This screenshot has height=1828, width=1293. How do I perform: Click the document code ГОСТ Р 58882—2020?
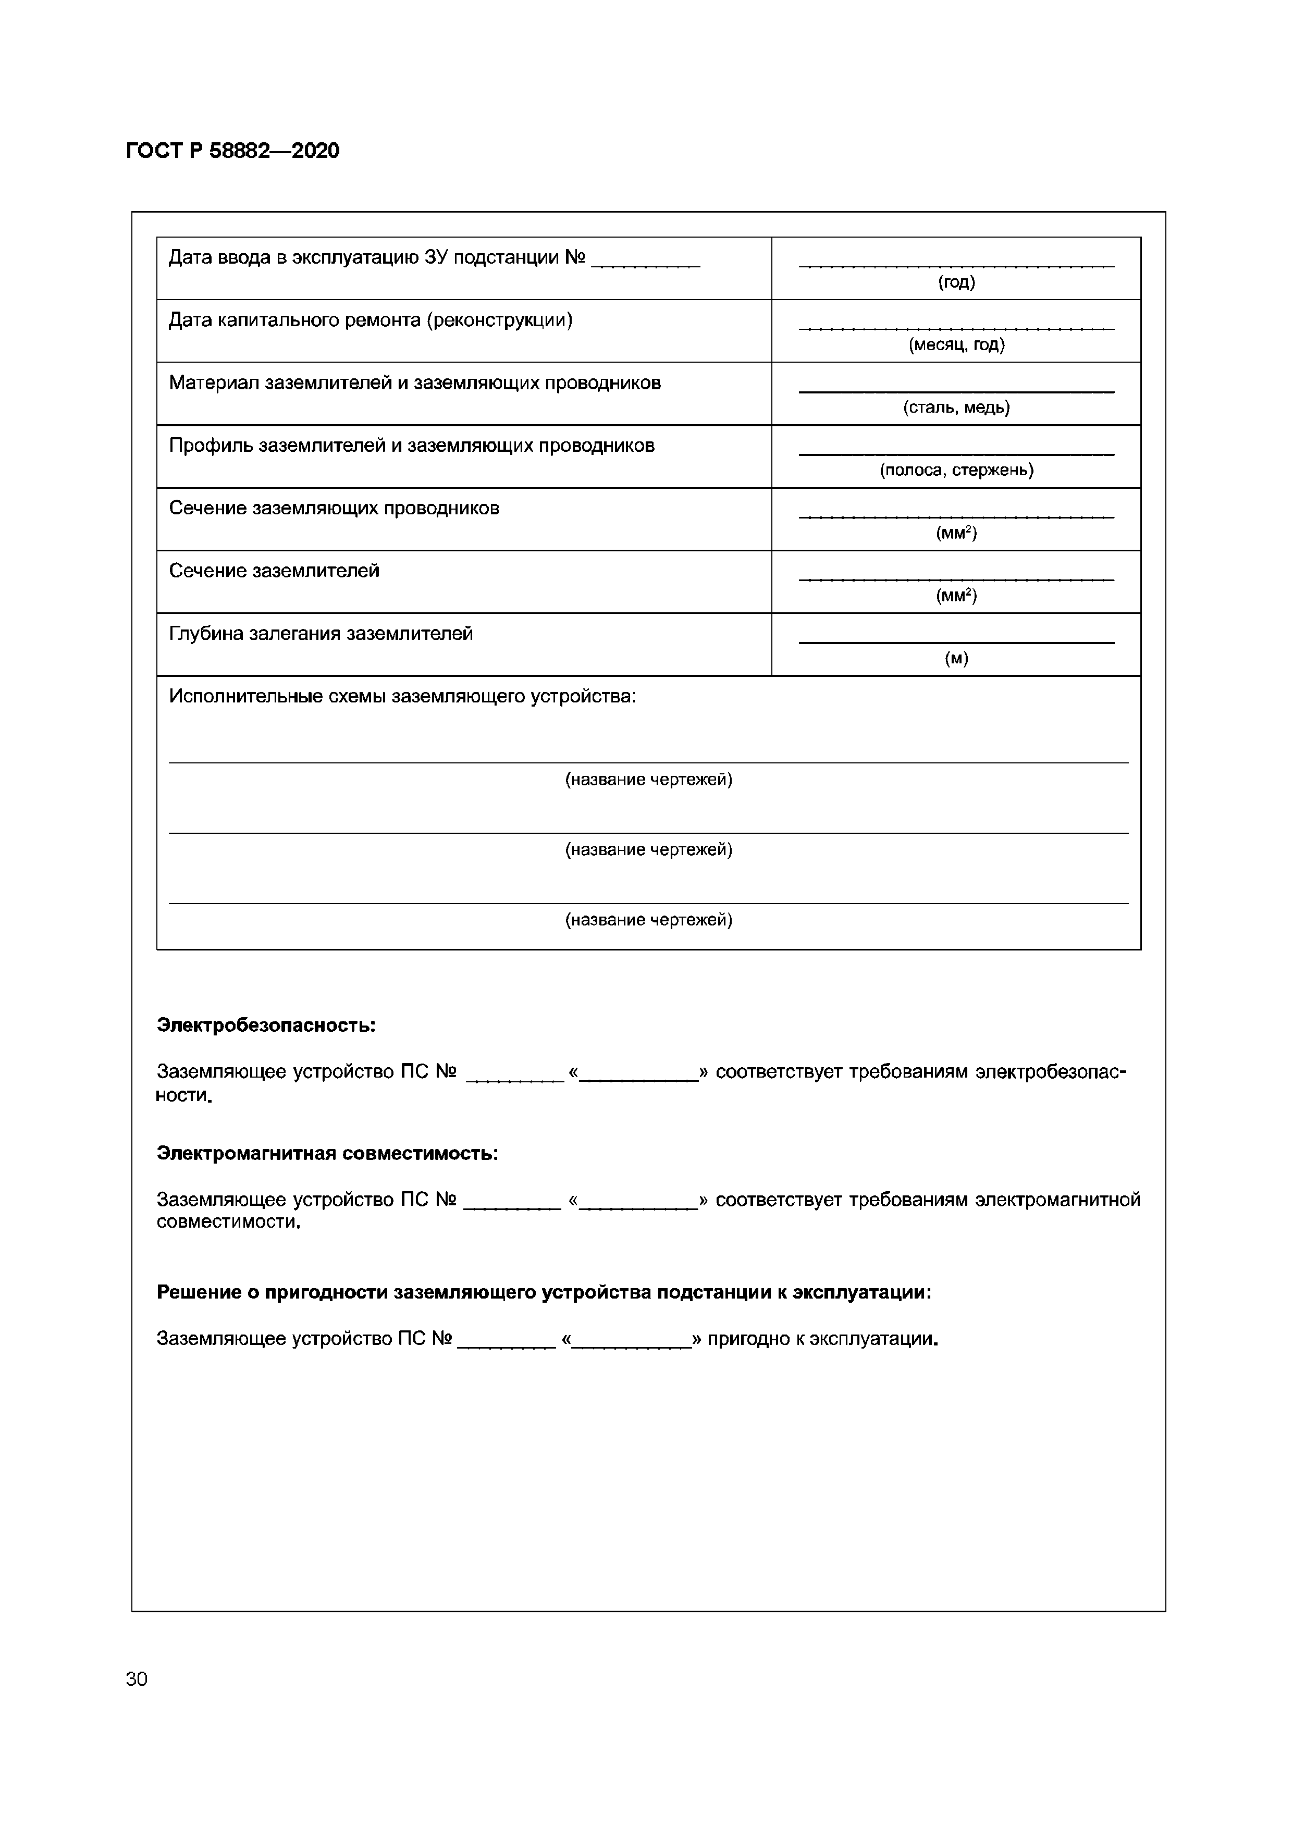pos(232,151)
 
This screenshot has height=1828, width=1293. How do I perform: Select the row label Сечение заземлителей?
pos(274,571)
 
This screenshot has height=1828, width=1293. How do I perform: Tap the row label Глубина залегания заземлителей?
pos(321,634)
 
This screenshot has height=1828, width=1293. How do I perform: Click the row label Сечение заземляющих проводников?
pos(334,508)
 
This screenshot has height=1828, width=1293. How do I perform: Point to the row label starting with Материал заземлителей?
pos(414,383)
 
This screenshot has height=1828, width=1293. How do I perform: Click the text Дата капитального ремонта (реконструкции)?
pos(370,320)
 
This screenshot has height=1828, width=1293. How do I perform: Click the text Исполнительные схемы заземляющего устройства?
pos(402,697)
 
